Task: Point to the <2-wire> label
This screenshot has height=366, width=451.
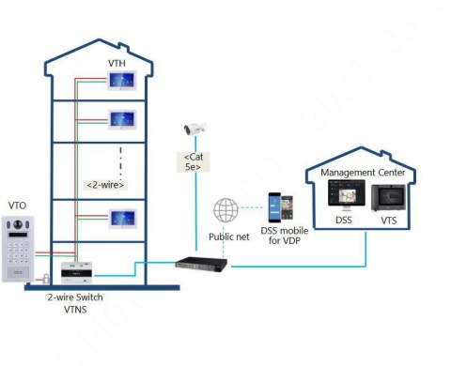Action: coord(105,184)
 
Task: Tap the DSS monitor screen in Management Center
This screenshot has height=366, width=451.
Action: coord(341,195)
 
